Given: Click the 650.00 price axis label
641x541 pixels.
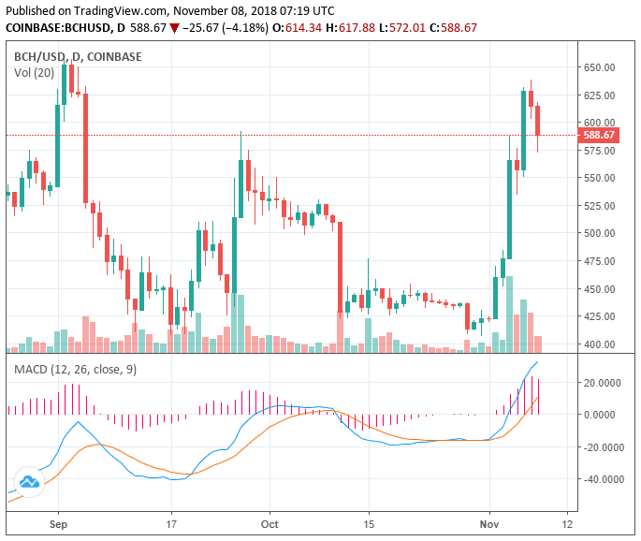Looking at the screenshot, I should pyautogui.click(x=599, y=67).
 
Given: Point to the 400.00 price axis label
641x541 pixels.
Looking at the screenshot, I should pyautogui.click(x=599, y=344).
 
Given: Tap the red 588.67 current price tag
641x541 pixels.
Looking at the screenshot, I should pyautogui.click(x=599, y=135).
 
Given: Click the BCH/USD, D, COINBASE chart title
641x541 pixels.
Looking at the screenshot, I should pyautogui.click(x=78, y=56).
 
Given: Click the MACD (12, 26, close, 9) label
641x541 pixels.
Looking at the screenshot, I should pyautogui.click(x=75, y=370).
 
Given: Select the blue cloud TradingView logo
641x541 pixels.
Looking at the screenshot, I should pyautogui.click(x=29, y=481).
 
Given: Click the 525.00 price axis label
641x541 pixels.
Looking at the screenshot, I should pyautogui.click(x=599, y=206).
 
